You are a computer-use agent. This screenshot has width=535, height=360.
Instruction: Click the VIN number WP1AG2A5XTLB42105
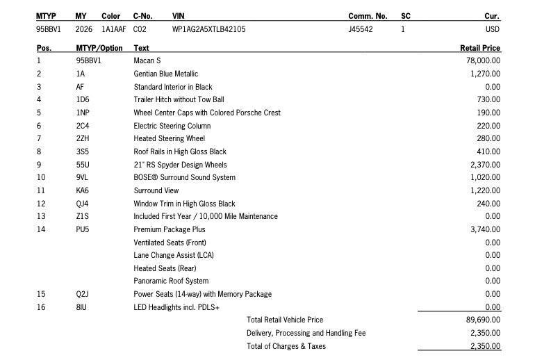click(208, 30)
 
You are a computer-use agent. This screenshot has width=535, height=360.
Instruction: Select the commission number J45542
click(361, 30)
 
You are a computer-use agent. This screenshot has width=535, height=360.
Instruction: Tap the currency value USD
click(492, 30)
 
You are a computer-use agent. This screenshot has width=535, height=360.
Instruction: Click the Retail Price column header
click(480, 48)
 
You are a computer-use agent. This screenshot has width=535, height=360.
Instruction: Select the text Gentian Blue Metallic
click(165, 74)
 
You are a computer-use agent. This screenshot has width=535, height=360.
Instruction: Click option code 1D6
click(83, 99)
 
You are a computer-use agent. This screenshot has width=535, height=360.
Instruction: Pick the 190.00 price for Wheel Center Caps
click(488, 113)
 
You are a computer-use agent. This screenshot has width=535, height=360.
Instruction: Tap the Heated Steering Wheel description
click(169, 138)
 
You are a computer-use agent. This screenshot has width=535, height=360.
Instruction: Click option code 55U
click(83, 165)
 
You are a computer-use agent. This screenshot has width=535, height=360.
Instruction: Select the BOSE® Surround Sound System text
click(184, 177)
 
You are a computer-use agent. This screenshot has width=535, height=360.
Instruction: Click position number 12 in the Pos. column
click(41, 204)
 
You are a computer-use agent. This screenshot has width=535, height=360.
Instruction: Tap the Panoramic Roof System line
click(171, 281)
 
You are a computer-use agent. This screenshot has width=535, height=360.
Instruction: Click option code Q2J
click(83, 294)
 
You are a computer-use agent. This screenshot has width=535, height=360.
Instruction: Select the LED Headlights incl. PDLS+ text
click(176, 307)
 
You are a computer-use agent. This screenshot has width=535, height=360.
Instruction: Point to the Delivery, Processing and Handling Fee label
click(306, 333)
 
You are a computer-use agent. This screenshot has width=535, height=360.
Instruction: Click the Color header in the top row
click(110, 16)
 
